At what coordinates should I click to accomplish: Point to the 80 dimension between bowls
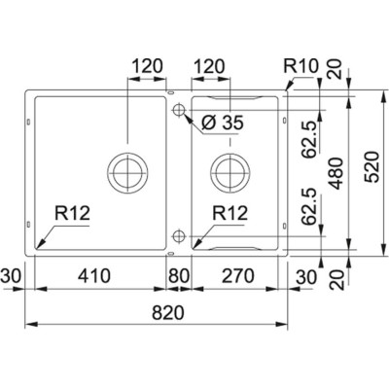(177, 276)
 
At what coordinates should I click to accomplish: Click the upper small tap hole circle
(178, 112)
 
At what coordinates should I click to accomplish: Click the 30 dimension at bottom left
(10, 276)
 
